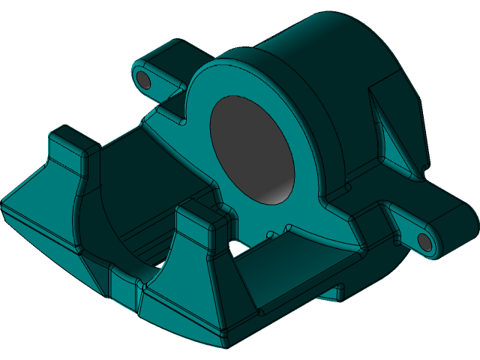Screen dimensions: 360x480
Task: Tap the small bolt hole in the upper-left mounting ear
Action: click(x=142, y=78)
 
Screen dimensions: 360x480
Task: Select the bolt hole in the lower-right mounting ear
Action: click(x=424, y=241)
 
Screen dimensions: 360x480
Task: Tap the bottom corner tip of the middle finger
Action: click(x=224, y=343)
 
